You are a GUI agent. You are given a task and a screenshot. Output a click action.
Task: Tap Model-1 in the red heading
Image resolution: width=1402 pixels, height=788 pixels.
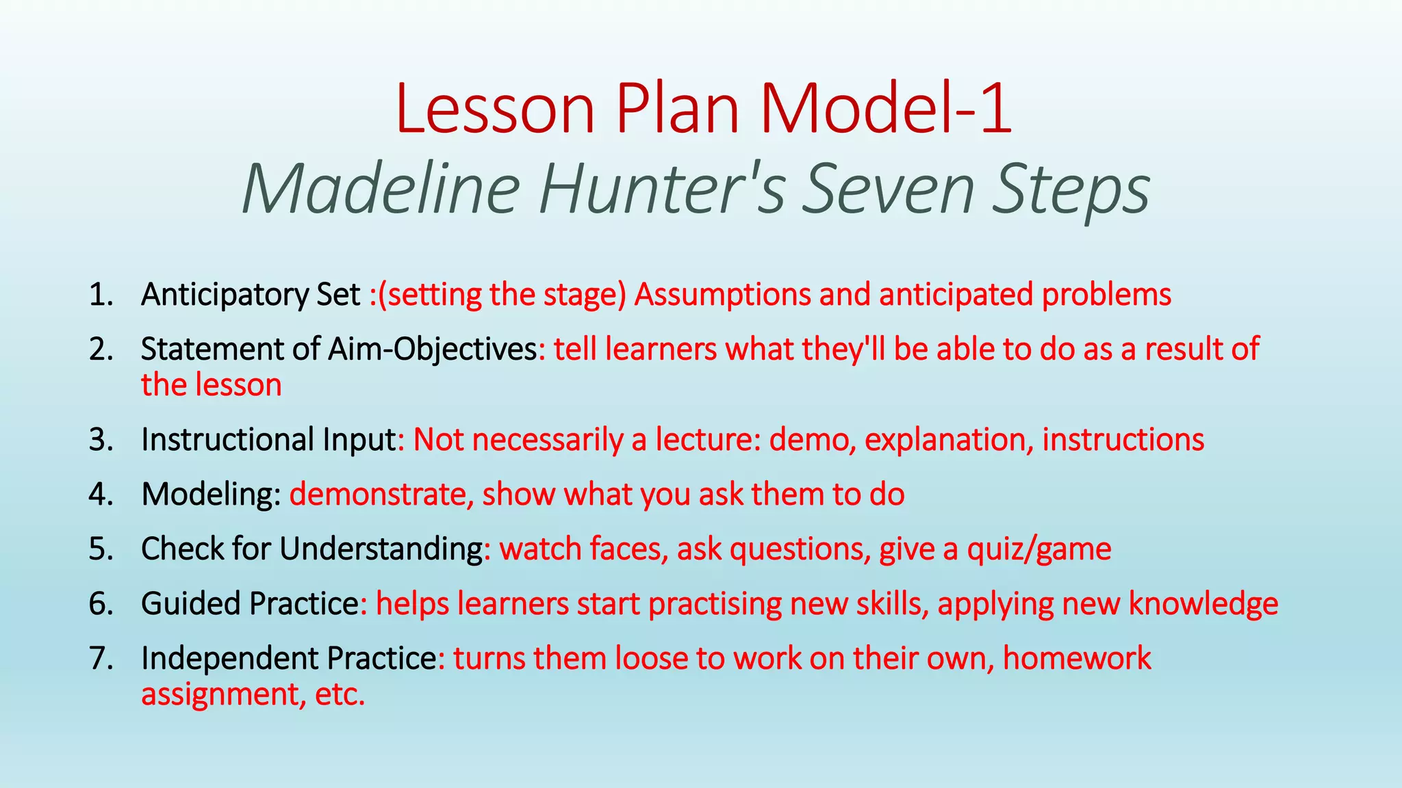[x=886, y=109]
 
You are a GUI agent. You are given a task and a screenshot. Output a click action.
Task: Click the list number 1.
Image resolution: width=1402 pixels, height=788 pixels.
[x=100, y=295]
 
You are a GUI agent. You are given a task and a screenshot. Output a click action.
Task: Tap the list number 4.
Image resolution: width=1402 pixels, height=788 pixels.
[x=100, y=495]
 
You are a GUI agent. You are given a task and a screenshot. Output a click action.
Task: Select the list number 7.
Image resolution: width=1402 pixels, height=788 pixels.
[x=100, y=659]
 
